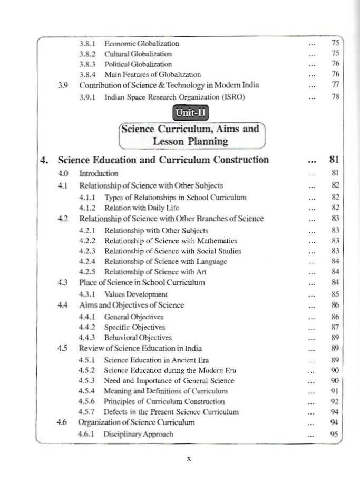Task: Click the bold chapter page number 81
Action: pyautogui.click(x=333, y=160)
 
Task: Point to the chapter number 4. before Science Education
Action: pyautogui.click(x=46, y=160)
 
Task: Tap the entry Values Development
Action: pyautogui.click(x=135, y=294)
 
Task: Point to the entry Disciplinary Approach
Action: pyautogui.click(x=138, y=434)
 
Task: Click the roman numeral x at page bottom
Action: pyautogui.click(x=189, y=458)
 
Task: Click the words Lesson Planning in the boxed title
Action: pyautogui.click(x=190, y=141)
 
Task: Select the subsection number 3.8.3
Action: pyautogui.click(x=87, y=64)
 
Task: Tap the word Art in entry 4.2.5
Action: pyautogui.click(x=200, y=272)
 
